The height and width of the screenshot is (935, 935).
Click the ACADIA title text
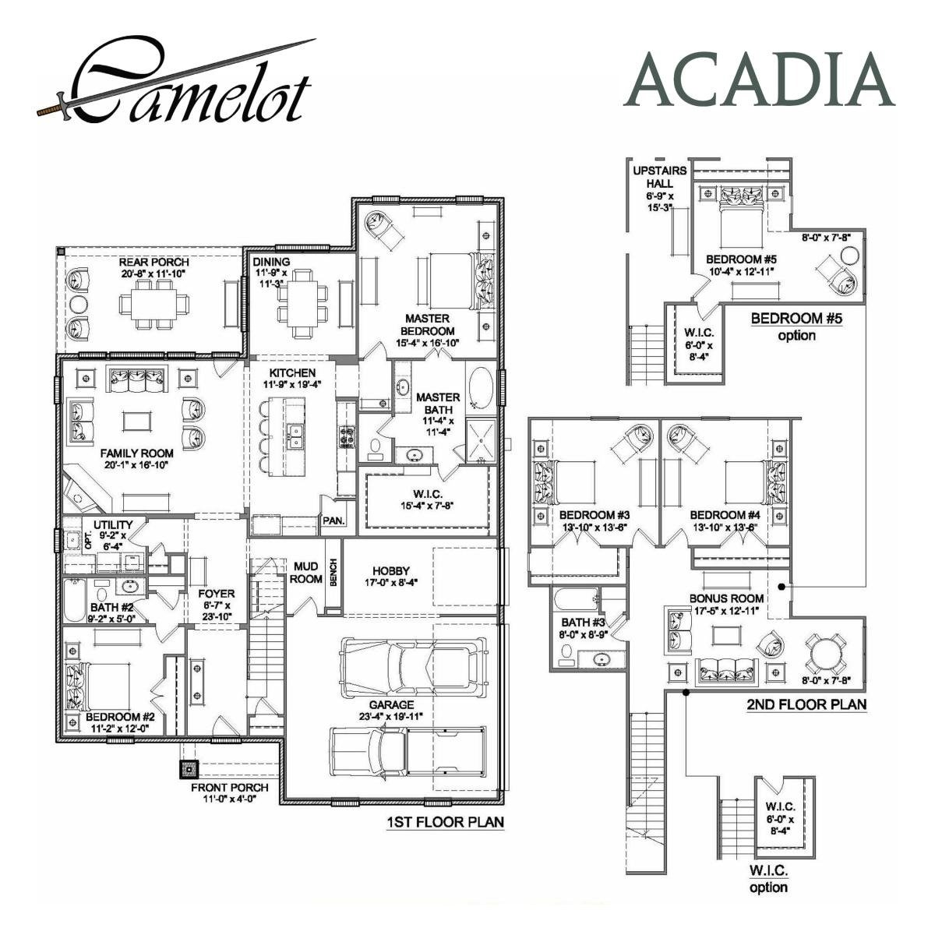click(760, 80)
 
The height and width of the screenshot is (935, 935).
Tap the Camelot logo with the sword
click(179, 84)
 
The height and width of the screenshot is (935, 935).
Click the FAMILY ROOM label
click(136, 453)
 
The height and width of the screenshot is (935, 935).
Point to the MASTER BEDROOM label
click(427, 324)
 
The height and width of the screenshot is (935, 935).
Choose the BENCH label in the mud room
click(333, 573)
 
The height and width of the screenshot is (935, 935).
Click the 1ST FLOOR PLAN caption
click(445, 822)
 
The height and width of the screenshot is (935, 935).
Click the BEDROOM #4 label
click(725, 515)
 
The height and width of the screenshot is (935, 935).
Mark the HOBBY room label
click(390, 571)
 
